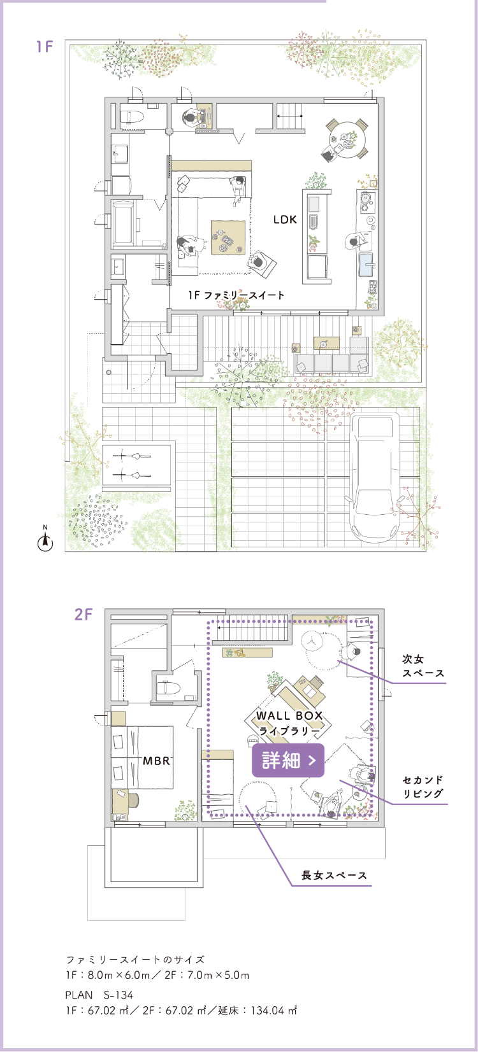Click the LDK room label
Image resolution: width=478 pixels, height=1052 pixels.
pyautogui.click(x=285, y=220)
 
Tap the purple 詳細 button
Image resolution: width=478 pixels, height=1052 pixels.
pyautogui.click(x=288, y=760)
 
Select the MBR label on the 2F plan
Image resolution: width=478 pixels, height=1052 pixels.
pyautogui.click(x=157, y=761)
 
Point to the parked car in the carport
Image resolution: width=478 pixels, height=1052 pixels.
pyautogui.click(x=375, y=477)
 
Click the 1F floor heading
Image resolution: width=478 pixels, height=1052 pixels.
pyautogui.click(x=45, y=46)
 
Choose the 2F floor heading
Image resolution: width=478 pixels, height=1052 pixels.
pyautogui.click(x=83, y=614)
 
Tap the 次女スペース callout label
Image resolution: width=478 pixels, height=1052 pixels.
pyautogui.click(x=423, y=666)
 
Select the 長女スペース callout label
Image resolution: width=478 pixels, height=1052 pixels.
pyautogui.click(x=334, y=876)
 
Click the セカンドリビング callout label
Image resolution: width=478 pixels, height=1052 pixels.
pyautogui.click(x=423, y=787)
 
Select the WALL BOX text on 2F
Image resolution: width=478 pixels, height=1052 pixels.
pyautogui.click(x=289, y=716)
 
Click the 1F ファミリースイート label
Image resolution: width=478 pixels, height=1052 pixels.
pyautogui.click(x=236, y=295)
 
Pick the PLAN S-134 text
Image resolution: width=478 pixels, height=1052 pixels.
pyautogui.click(x=99, y=995)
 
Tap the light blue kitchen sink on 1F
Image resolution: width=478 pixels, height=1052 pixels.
pyautogui.click(x=366, y=264)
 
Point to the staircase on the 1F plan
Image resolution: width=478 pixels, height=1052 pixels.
pyautogui.click(x=289, y=116)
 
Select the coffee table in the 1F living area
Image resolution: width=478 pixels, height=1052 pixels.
pyautogui.click(x=228, y=237)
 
